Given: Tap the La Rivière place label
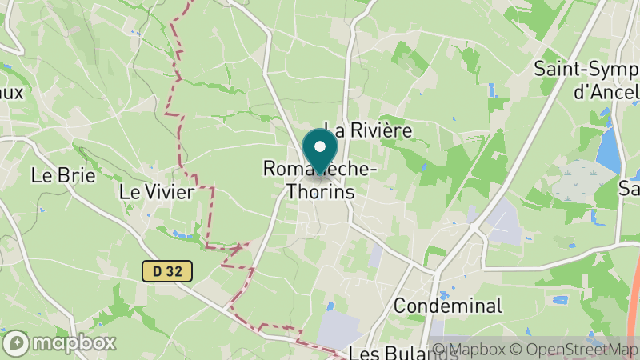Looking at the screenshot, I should (367, 130).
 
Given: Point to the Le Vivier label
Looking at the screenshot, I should (156, 192).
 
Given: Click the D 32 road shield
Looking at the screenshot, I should (168, 272).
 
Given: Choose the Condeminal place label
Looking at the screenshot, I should (448, 306).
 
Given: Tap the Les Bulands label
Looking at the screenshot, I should (391, 353).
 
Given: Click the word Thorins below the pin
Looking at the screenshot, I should (320, 192).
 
